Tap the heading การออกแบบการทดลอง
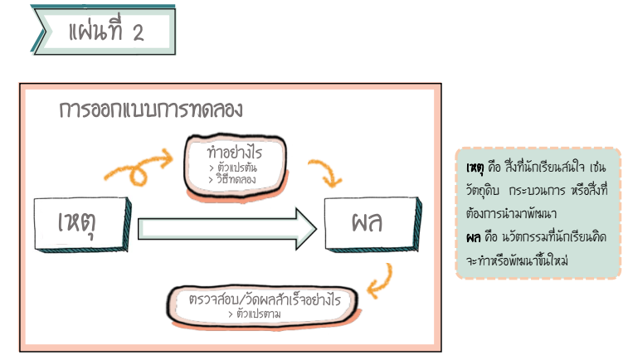pos(150,109)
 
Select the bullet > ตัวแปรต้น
pos(234,168)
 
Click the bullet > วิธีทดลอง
pos(234,178)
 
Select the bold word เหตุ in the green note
pos(475,169)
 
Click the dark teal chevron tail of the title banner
pos(41,31)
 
